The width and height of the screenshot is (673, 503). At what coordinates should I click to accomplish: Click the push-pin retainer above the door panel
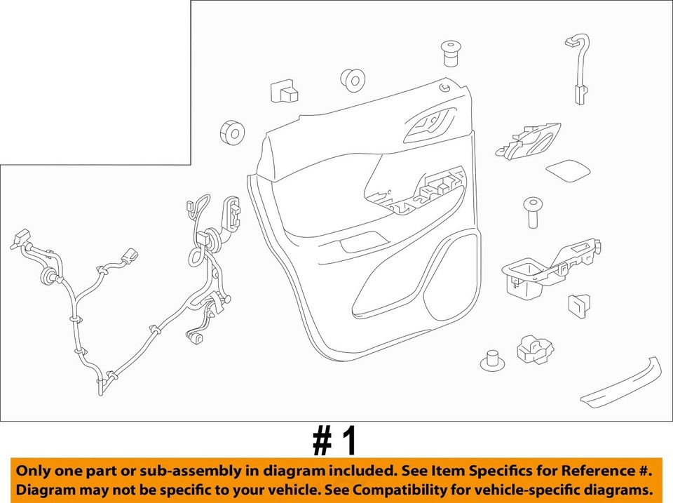pos(449,53)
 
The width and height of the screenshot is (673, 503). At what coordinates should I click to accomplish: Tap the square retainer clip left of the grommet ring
pos(284,93)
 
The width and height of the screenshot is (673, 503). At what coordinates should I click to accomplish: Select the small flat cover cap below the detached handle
pos(567,170)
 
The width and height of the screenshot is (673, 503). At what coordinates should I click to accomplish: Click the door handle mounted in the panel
pos(428,125)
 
